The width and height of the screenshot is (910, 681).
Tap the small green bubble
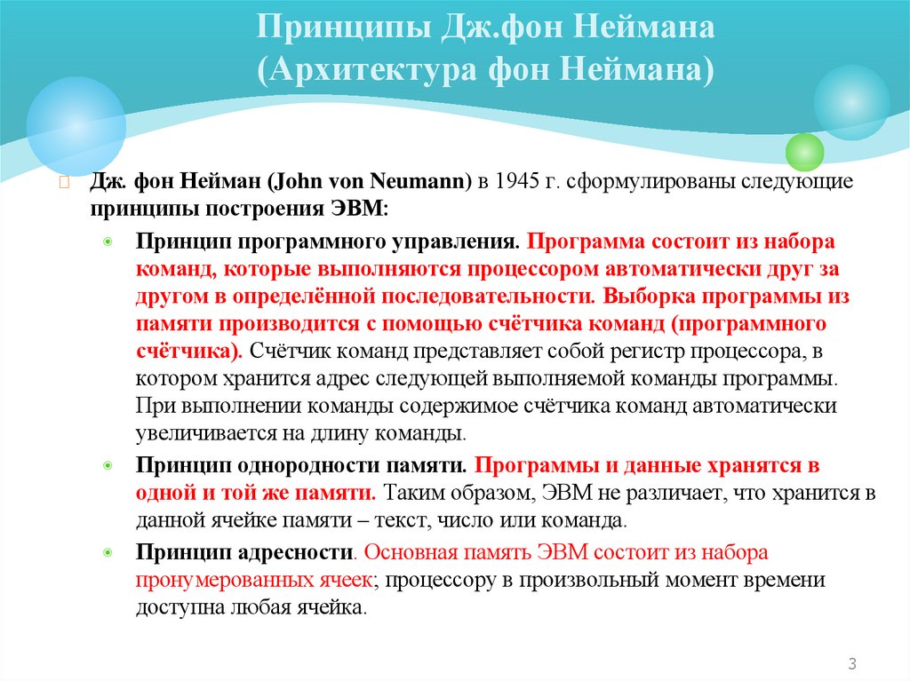805,152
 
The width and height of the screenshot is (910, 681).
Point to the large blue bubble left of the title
76,124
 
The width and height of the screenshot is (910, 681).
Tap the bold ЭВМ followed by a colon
361,210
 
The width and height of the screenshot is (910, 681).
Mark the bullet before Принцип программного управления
108,243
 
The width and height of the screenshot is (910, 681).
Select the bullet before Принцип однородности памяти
108,466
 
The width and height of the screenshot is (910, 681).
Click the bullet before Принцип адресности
108,553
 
